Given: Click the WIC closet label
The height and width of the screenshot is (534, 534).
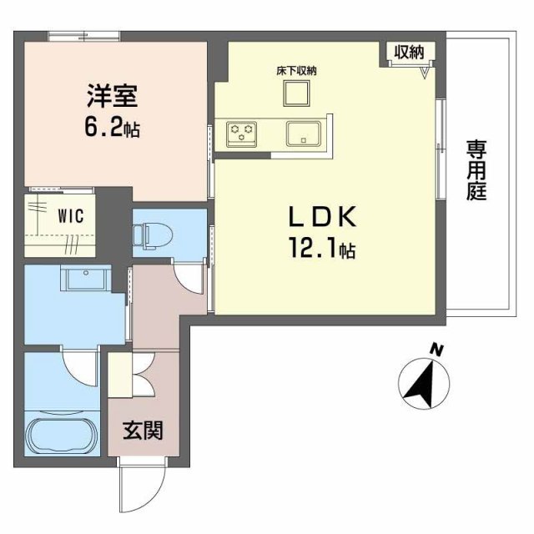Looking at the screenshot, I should pos(69,214).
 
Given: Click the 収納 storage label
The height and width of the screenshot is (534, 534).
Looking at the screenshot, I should pos(409,52).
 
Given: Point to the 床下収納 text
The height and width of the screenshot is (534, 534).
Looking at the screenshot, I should pos(296,70).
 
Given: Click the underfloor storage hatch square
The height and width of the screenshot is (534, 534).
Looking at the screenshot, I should pos(296,94).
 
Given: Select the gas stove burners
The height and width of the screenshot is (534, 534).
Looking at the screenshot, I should pos(242,131).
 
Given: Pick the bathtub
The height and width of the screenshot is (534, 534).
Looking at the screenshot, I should pos(62,436).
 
